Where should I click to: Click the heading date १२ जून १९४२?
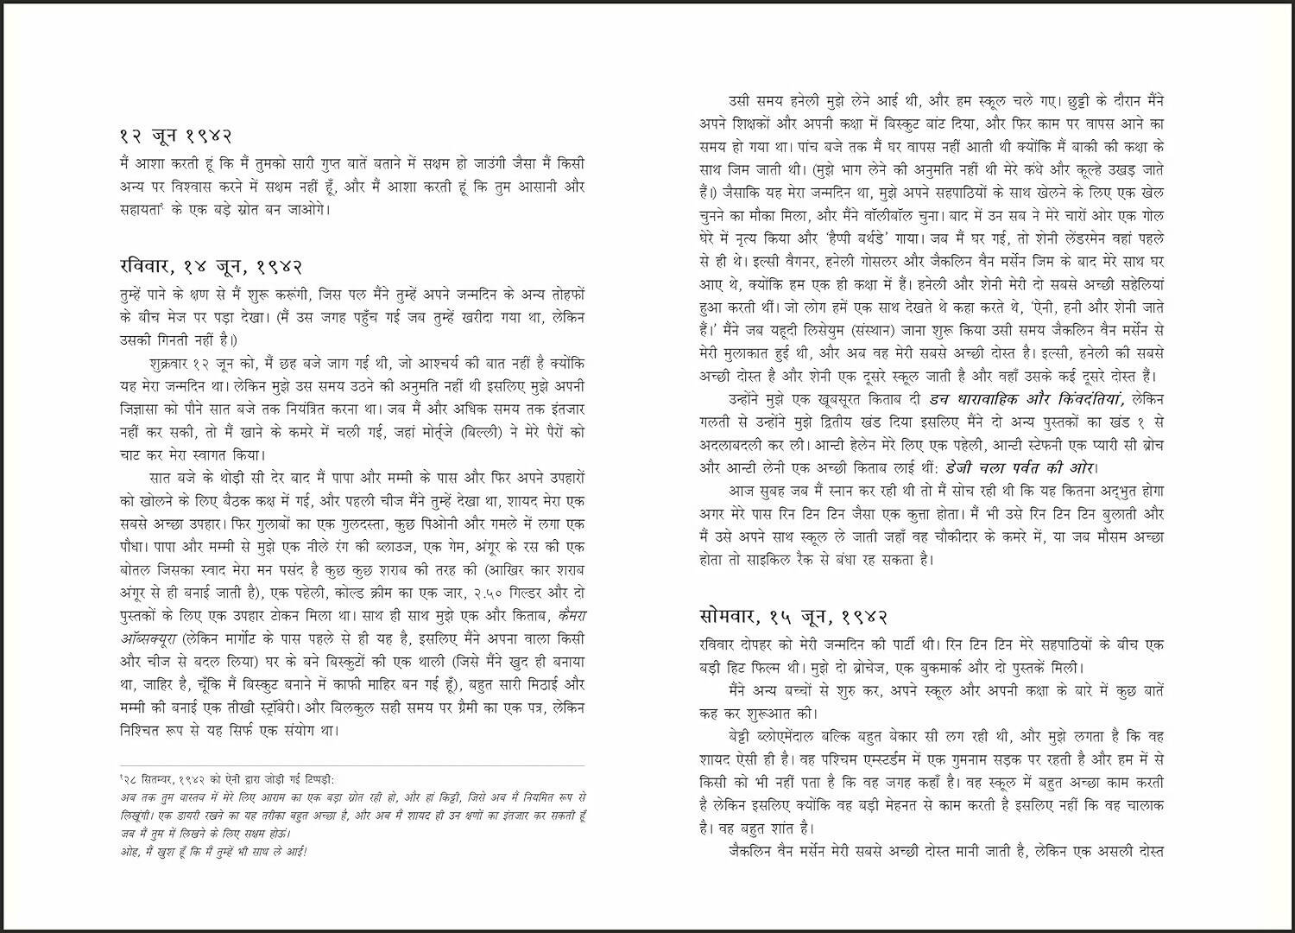[176, 136]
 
